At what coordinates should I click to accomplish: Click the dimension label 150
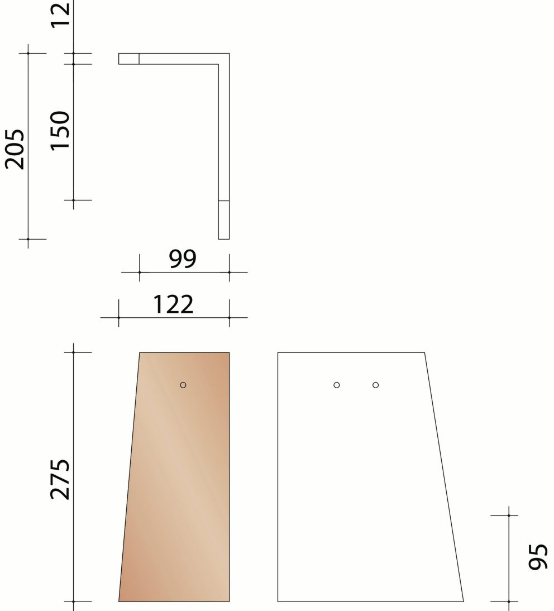point(60,130)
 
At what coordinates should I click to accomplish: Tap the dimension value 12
point(60,14)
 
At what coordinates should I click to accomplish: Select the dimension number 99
point(183,259)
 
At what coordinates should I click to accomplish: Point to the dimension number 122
point(173,304)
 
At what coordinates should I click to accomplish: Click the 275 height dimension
point(60,479)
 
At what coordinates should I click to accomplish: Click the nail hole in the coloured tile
point(183,385)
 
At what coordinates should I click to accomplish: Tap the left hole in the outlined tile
point(337,385)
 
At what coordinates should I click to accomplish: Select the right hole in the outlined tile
point(376,385)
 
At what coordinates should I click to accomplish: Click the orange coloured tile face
point(179,491)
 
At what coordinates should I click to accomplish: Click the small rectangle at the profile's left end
point(128,59)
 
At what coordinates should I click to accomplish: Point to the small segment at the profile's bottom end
point(223,219)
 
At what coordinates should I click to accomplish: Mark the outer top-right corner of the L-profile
point(229,54)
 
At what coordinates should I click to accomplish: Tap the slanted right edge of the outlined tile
point(444,478)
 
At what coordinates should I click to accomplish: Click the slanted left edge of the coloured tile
point(129,478)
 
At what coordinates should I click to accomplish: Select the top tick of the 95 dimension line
point(509,515)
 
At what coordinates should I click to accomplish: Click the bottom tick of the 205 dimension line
point(28,239)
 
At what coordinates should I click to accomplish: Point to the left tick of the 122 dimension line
point(118,317)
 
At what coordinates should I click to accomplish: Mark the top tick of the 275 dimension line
point(74,352)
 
